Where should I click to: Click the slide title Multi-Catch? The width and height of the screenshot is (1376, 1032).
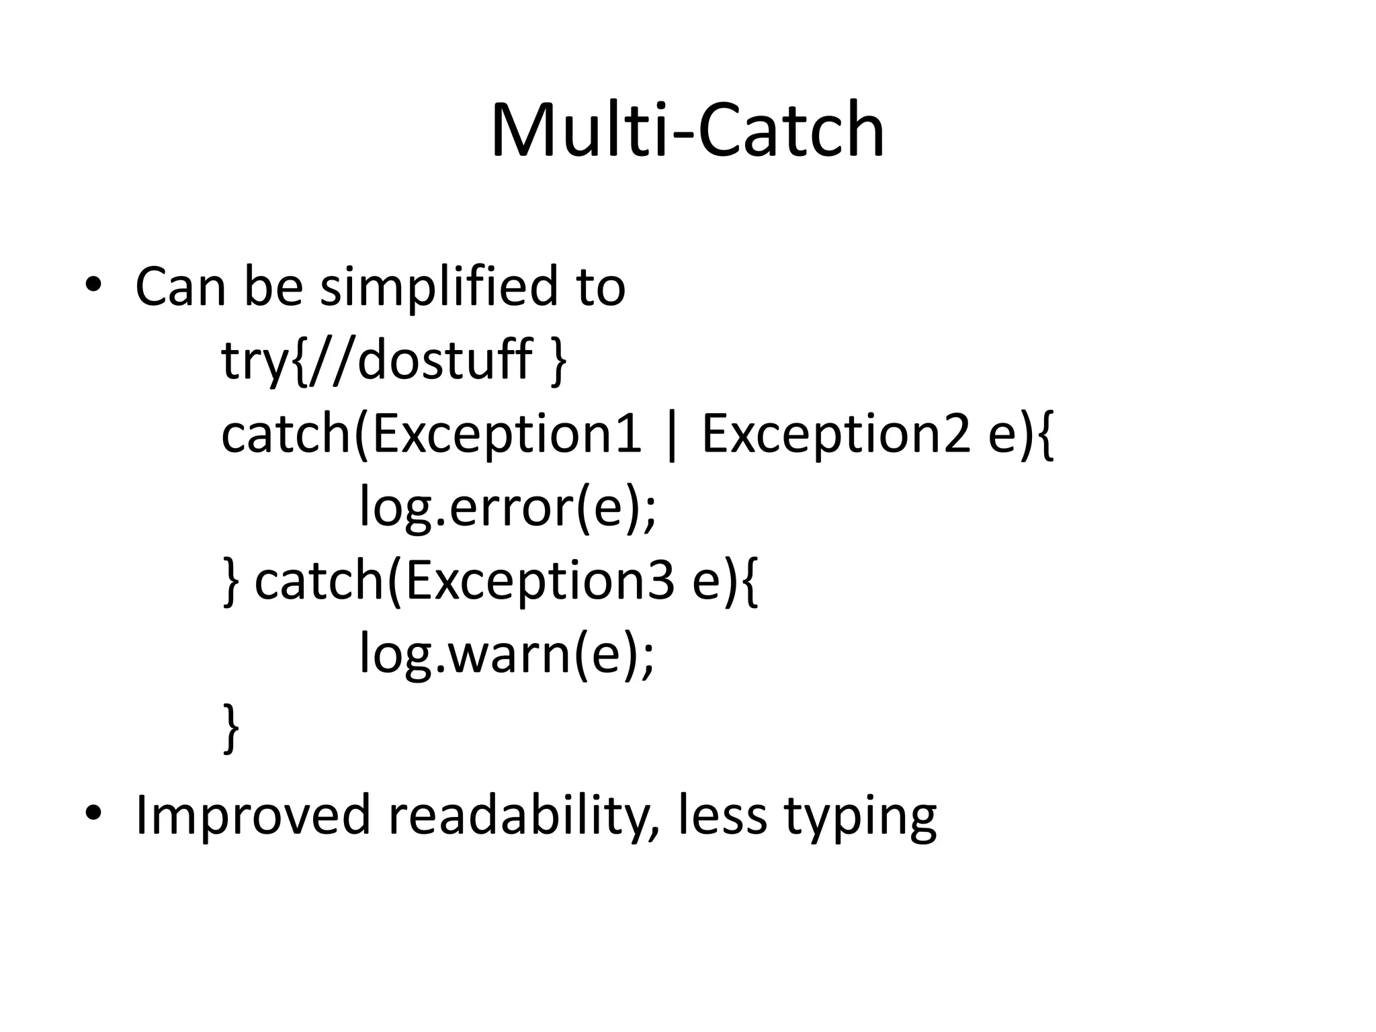[x=687, y=130]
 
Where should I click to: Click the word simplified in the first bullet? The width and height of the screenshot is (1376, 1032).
[x=439, y=287]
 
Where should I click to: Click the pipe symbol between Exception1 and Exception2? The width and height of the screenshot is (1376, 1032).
[x=671, y=437]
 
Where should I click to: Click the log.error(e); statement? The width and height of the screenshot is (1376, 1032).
[x=507, y=507]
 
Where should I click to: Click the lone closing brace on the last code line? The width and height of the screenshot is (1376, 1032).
[x=230, y=728]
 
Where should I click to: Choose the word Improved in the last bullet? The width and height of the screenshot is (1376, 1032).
[x=253, y=815]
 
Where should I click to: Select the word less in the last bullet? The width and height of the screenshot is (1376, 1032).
[x=722, y=815]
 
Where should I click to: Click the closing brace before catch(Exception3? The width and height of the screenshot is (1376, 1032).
[x=230, y=582]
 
